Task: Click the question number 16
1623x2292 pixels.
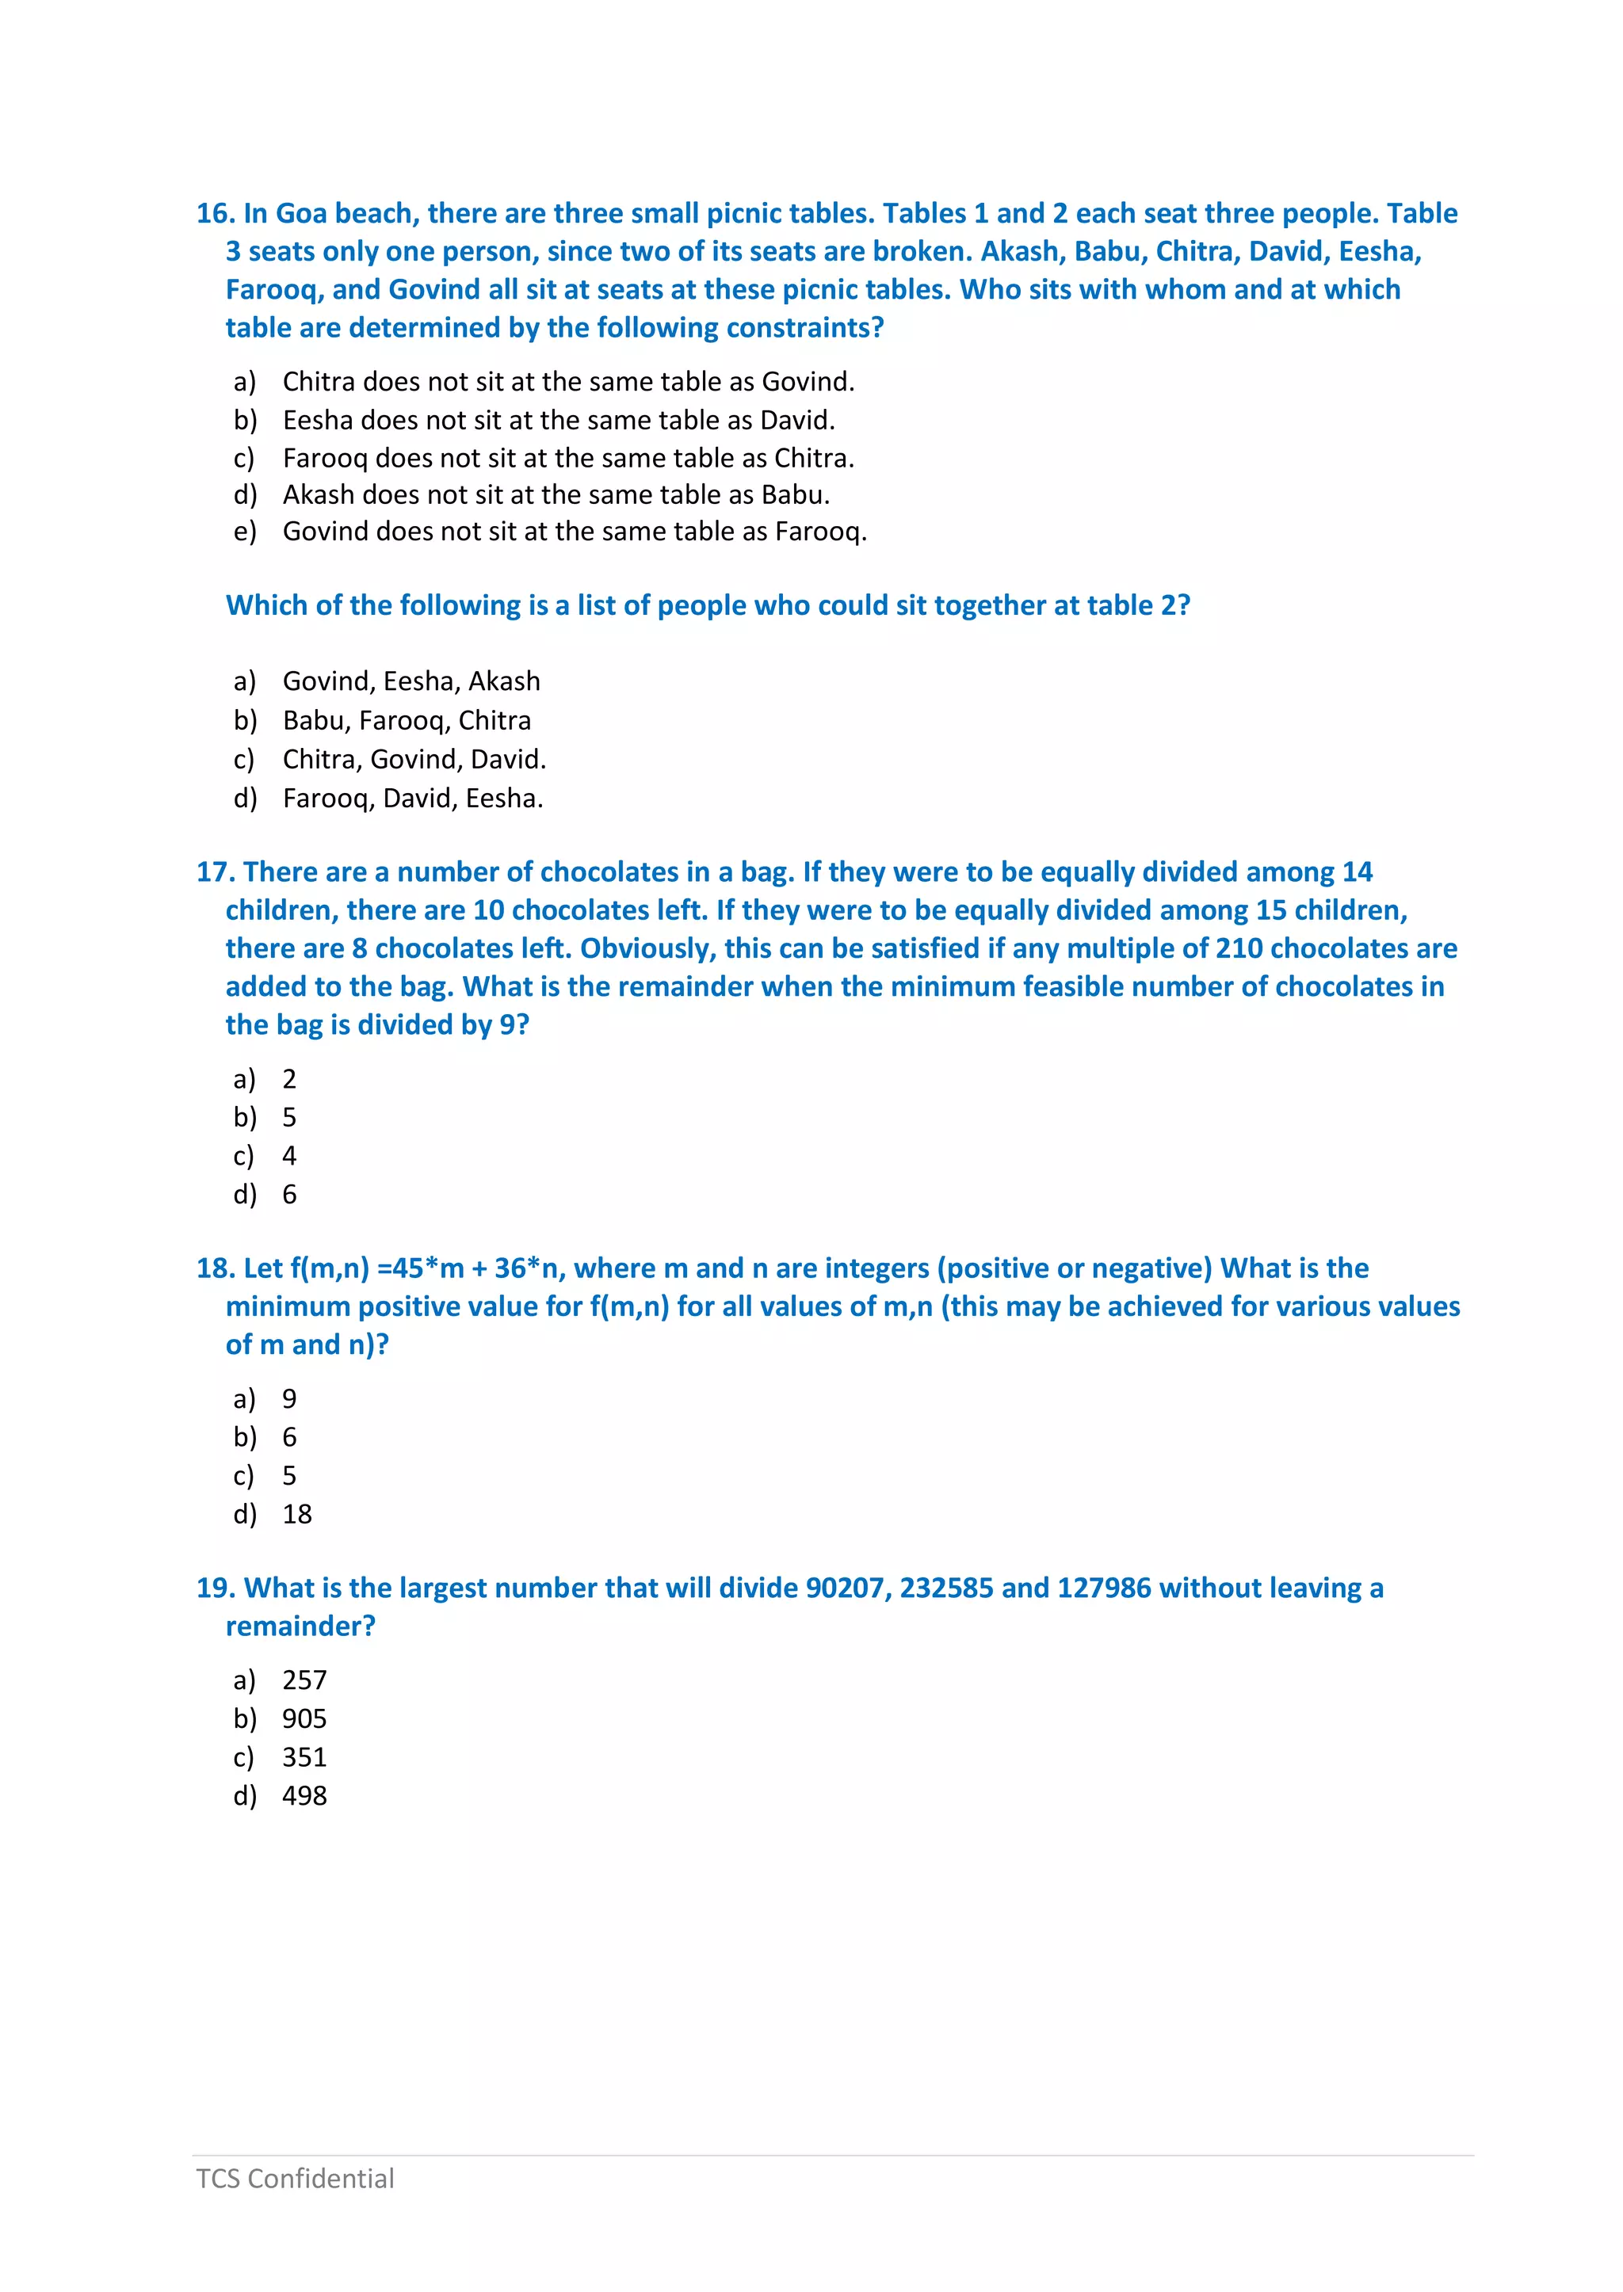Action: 215,214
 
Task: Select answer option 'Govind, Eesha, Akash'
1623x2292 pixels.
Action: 411,681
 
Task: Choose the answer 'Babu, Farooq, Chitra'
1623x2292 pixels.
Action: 407,720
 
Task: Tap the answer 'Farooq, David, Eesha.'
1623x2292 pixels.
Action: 413,799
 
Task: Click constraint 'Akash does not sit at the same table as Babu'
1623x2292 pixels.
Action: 556,494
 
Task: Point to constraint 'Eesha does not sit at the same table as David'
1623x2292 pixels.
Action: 559,420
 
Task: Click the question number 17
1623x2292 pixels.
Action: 215,872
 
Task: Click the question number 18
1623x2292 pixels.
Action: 215,1269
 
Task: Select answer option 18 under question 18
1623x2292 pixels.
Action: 297,1515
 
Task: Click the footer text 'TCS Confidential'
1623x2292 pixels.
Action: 295,2178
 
